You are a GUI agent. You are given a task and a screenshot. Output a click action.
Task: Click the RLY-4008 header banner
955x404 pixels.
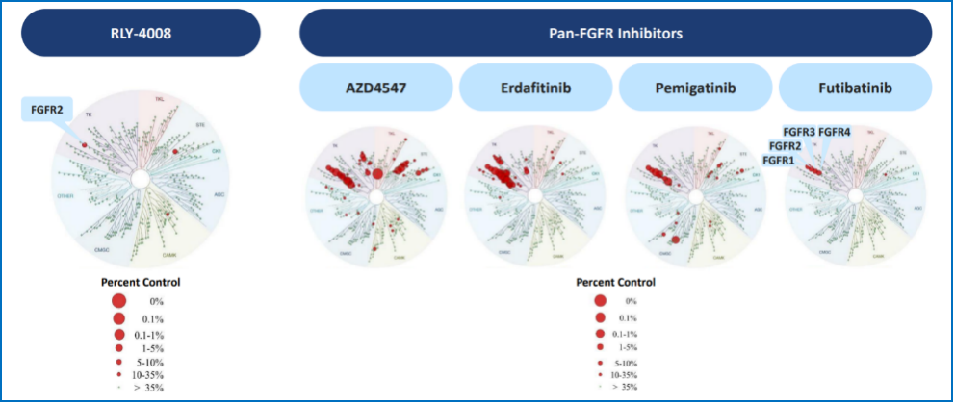point(141,33)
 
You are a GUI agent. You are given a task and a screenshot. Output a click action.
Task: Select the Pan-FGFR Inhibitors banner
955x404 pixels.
point(615,33)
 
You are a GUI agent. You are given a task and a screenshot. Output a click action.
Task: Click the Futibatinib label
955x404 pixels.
point(854,88)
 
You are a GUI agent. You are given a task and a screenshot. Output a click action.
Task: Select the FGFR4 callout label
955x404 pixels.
point(834,132)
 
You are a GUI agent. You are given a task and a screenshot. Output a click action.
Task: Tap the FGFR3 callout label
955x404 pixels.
point(799,132)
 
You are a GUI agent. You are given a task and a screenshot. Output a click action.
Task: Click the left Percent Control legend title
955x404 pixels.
point(141,283)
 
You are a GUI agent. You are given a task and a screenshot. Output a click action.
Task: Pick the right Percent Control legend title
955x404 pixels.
point(615,283)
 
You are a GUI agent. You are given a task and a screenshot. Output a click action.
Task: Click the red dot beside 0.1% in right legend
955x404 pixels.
point(601,317)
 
